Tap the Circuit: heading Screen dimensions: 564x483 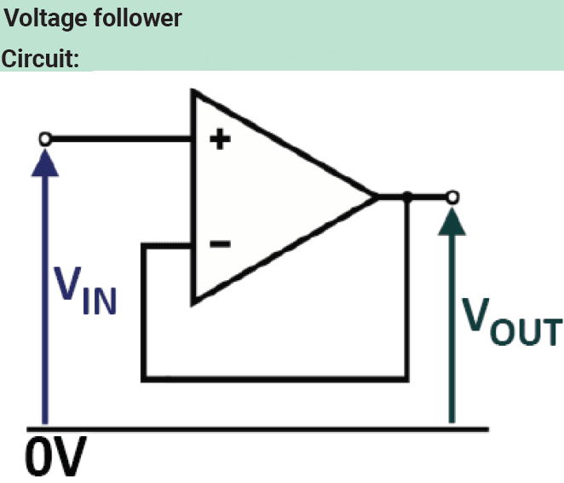pyautogui.click(x=45, y=60)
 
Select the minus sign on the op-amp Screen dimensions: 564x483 pyautogui.click(x=219, y=245)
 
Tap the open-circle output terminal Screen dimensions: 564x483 pyautogui.click(x=452, y=198)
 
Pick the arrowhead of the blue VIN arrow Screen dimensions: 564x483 pyautogui.click(x=45, y=162)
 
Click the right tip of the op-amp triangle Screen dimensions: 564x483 pyautogui.click(x=376, y=198)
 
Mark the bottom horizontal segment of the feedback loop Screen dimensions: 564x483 pyautogui.click(x=273, y=375)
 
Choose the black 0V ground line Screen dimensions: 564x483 pyautogui.click(x=256, y=426)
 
